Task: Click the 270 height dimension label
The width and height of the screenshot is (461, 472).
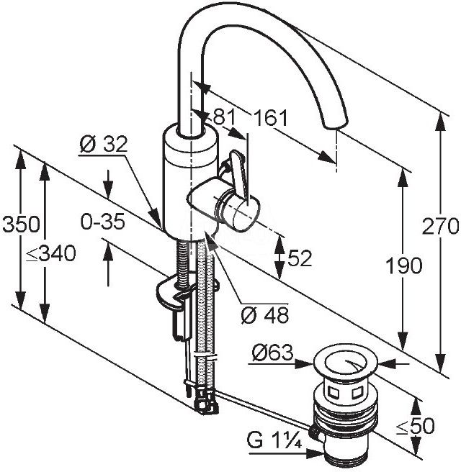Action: (440, 227)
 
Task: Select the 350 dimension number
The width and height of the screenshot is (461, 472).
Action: (21, 224)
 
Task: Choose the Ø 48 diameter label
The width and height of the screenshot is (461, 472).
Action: (265, 315)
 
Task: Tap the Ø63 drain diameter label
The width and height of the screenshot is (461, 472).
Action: (273, 353)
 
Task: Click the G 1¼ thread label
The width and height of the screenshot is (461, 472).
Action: (274, 440)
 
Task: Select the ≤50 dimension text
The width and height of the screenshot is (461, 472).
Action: (415, 426)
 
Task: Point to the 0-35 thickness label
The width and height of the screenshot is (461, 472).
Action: (102, 222)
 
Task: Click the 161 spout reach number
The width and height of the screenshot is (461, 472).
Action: (271, 118)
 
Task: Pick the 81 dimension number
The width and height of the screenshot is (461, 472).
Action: (224, 117)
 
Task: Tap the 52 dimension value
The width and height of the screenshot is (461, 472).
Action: (300, 258)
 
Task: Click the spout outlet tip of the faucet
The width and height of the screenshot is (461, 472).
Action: (336, 124)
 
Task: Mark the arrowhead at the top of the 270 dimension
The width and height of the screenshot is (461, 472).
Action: (441, 122)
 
